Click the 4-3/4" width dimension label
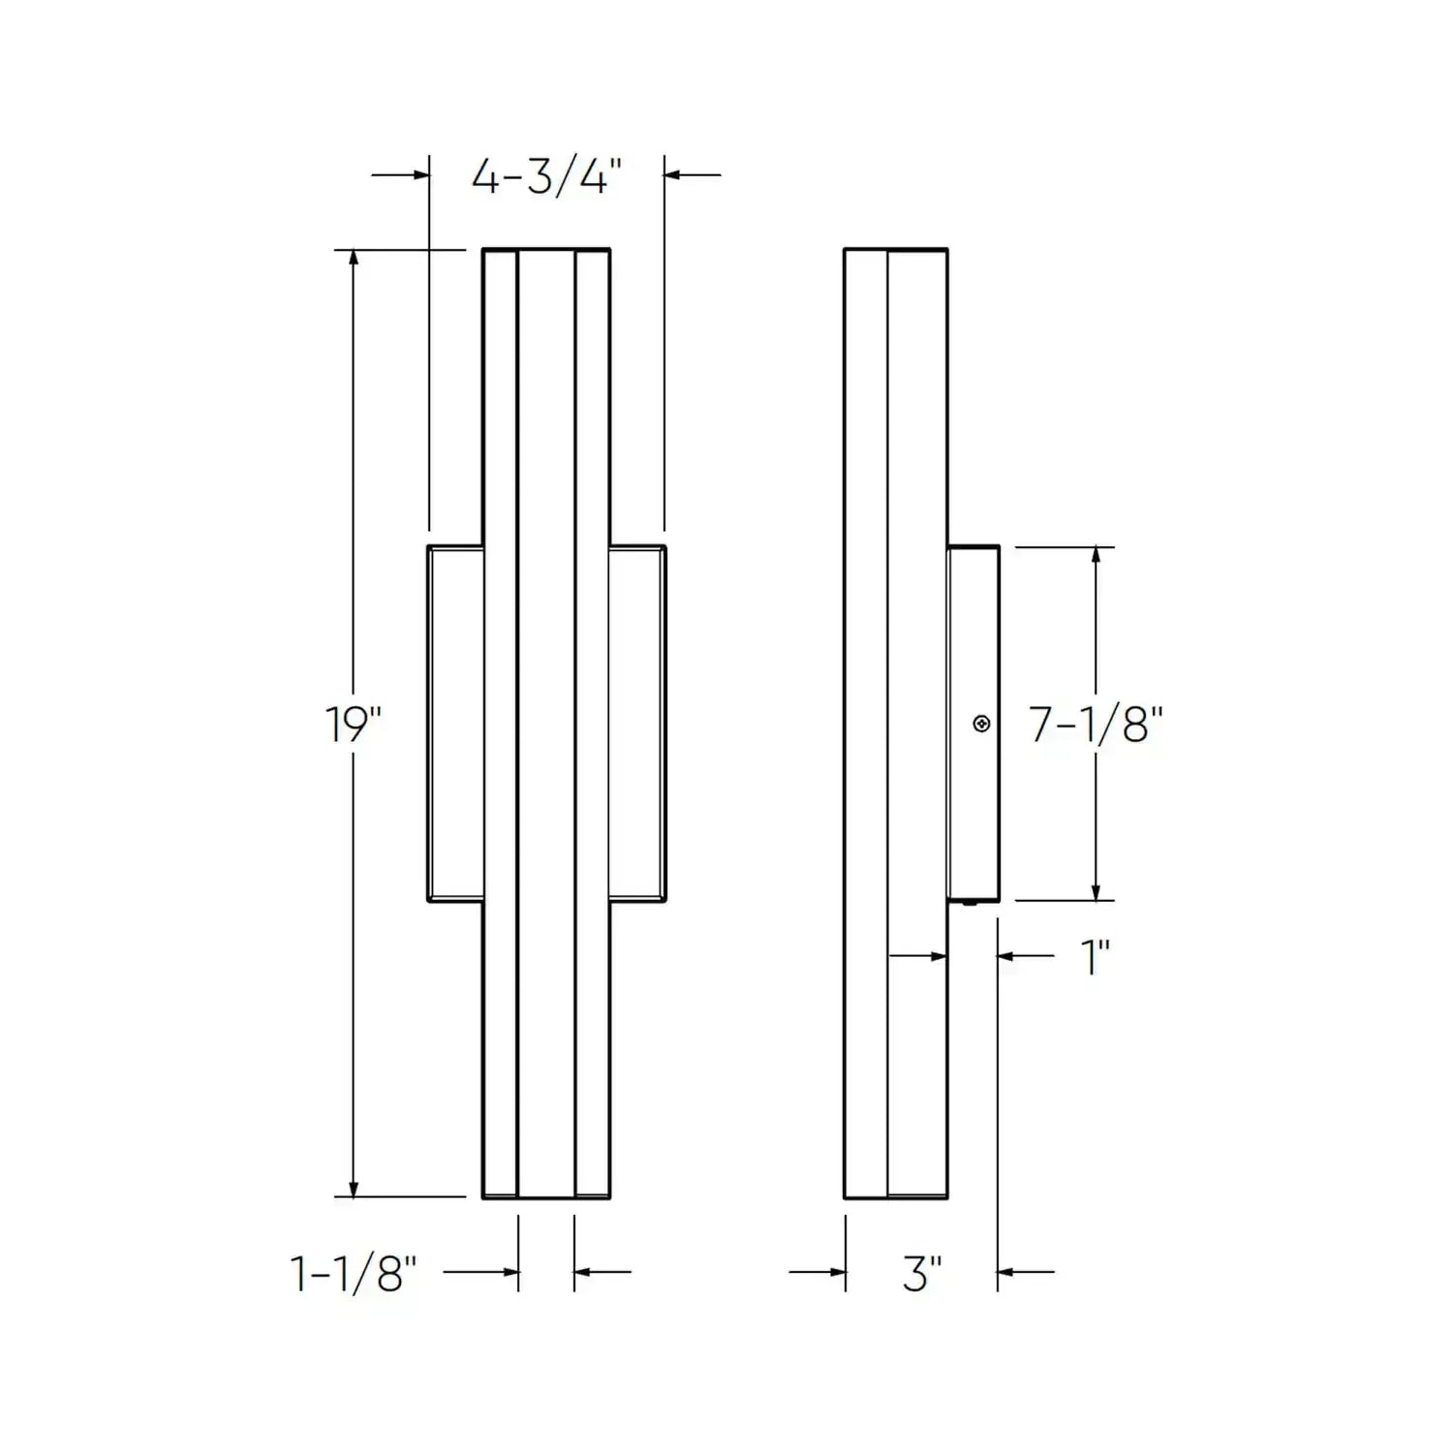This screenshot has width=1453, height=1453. pos(546,176)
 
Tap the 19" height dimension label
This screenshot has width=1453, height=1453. pos(353,724)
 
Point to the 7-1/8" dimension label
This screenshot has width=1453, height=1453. pos(1096,724)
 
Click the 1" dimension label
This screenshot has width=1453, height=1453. pos(1095,957)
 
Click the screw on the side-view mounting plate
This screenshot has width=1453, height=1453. pos(981,724)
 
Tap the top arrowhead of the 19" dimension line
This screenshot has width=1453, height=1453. pos(354,258)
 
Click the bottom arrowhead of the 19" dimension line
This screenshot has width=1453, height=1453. pos(354,1189)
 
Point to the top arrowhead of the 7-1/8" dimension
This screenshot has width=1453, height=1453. pos(1096,555)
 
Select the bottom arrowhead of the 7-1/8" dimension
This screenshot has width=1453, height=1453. pos(1096,892)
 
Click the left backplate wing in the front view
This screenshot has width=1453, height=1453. pos(455,724)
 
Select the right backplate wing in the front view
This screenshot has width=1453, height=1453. pos(637,724)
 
